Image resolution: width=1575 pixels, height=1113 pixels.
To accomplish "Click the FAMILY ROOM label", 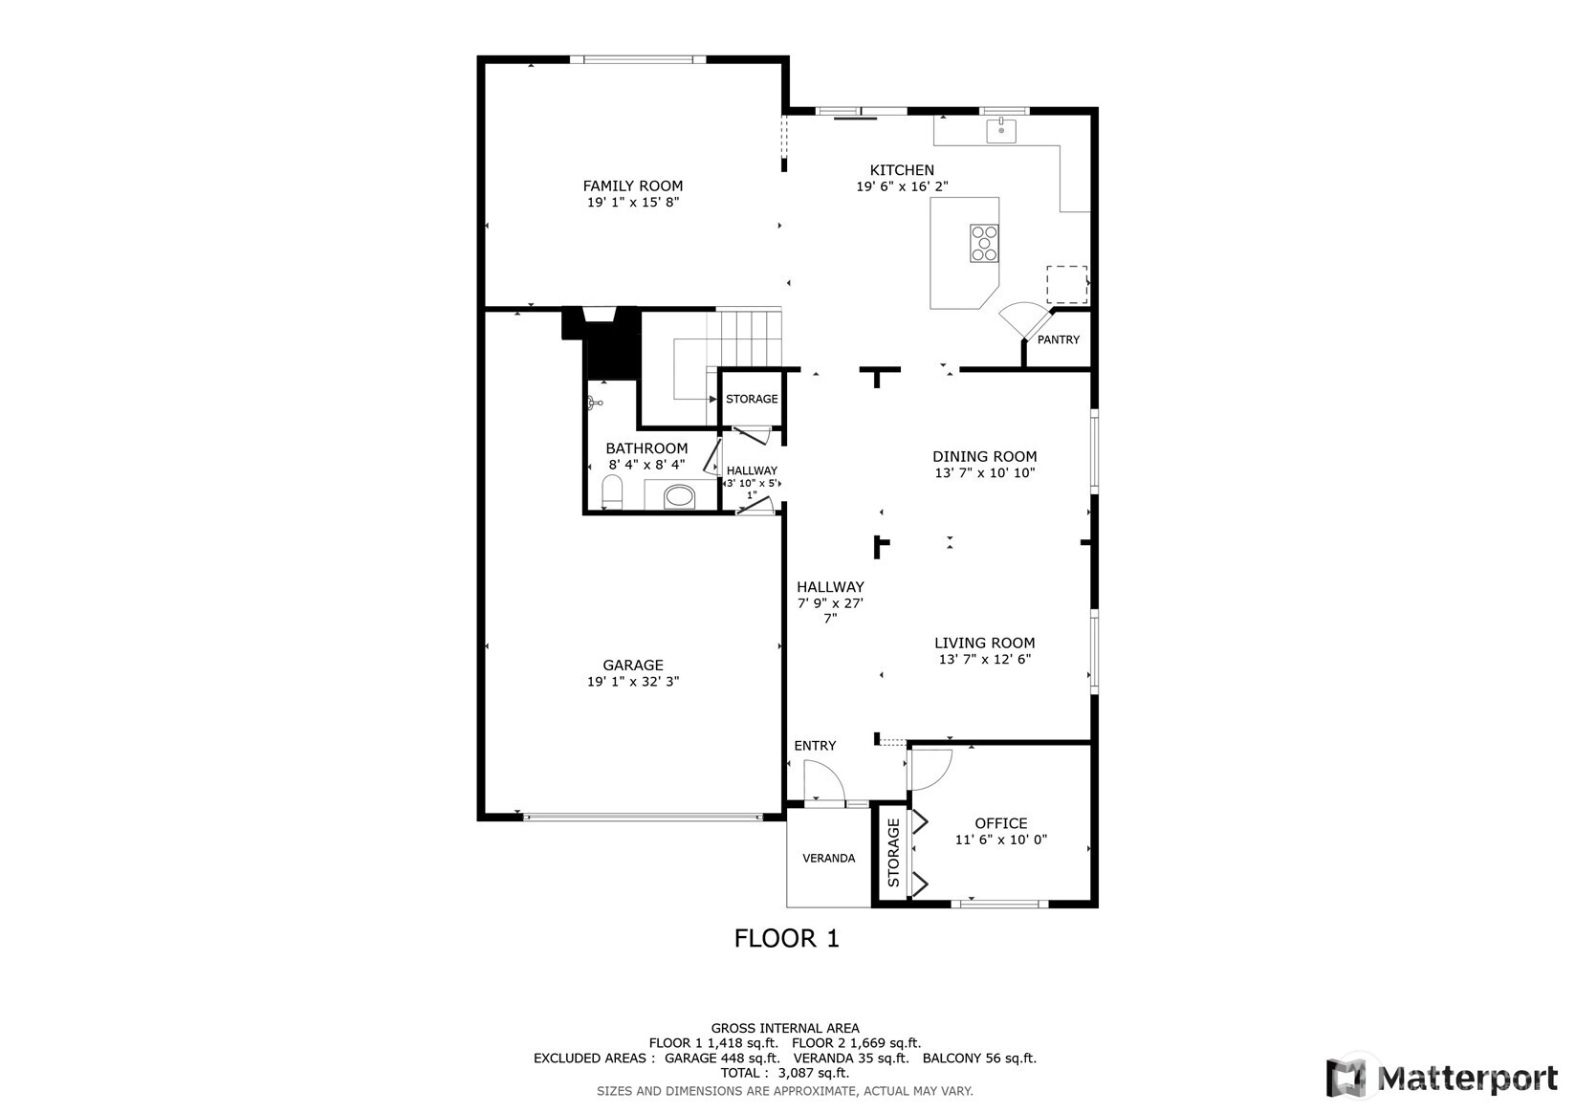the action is [x=633, y=186].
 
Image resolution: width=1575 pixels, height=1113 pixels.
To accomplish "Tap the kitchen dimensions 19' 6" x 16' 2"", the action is [x=902, y=186].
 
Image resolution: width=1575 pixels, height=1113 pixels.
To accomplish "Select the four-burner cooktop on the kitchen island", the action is [x=984, y=243].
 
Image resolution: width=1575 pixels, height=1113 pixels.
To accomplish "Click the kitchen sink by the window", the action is [x=1000, y=131].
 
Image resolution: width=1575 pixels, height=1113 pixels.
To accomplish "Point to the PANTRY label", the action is [x=1059, y=339].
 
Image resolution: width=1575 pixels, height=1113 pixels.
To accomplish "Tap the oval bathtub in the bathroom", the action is [x=680, y=496].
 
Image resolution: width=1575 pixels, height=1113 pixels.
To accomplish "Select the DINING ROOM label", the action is [x=984, y=456].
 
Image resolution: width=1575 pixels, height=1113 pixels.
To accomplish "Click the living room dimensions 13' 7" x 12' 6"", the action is [x=984, y=660].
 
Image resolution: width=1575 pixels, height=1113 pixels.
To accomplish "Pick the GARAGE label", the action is [x=633, y=666].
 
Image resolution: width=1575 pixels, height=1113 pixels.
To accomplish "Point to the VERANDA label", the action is [x=829, y=858].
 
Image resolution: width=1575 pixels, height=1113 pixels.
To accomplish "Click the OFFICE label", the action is [x=1000, y=823].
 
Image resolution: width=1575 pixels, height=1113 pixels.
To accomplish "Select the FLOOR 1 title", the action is [x=787, y=939].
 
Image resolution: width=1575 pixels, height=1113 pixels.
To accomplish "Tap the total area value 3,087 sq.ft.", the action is [x=814, y=1073].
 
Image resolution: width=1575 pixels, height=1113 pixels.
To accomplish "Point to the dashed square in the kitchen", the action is [x=1066, y=285].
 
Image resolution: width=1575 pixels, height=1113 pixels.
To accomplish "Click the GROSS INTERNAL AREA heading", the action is [x=785, y=1028].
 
